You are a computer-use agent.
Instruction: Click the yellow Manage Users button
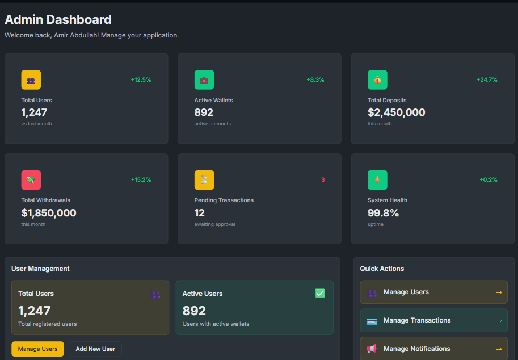tap(37, 349)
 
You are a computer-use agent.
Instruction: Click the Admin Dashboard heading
tap(58, 20)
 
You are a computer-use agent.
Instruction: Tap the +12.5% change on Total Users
tap(141, 80)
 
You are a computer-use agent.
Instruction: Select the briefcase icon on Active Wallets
tap(204, 80)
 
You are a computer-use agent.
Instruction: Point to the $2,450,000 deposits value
tap(396, 112)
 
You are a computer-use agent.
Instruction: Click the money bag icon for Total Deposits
tap(377, 80)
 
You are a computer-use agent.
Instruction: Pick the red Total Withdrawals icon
tap(31, 180)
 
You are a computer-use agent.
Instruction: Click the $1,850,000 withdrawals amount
tap(49, 213)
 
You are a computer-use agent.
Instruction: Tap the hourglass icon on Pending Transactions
tap(204, 180)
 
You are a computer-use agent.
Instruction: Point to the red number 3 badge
tap(323, 180)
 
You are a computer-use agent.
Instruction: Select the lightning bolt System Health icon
tap(377, 180)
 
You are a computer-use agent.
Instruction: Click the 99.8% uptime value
tap(383, 213)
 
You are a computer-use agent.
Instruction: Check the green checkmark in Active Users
tap(320, 294)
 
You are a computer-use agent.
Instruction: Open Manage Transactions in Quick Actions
tap(417, 320)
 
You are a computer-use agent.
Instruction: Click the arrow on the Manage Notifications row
tap(499, 349)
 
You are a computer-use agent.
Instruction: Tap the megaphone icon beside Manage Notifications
tap(372, 349)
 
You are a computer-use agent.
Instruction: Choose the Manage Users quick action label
tap(406, 292)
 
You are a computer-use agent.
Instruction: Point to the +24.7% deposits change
tap(487, 80)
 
